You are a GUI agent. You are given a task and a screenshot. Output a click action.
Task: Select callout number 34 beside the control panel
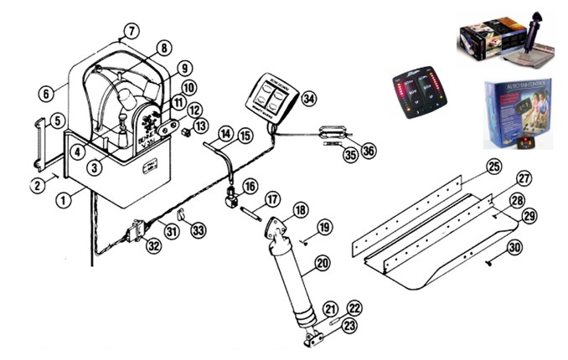pyautogui.click(x=310, y=99)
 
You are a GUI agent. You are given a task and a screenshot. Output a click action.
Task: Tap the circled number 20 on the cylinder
pyautogui.click(x=321, y=264)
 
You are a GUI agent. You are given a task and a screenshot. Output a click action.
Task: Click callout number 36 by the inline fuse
pyautogui.click(x=367, y=150)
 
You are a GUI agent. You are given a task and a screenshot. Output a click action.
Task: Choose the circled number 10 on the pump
pyautogui.click(x=189, y=87)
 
